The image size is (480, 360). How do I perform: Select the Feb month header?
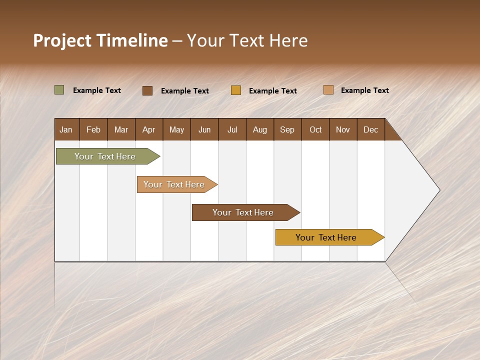tap(93, 129)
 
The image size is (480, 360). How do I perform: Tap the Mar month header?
tap(121, 129)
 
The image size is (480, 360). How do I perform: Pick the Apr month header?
tap(149, 129)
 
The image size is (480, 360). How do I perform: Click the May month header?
tap(176, 129)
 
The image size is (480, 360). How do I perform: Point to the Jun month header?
tap(204, 129)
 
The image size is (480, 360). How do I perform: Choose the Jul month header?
tap(232, 129)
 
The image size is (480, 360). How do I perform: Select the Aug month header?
tap(260, 129)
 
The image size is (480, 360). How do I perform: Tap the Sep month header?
tap(287, 129)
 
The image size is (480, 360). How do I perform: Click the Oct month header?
tap(315, 129)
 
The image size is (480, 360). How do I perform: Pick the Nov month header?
tap(343, 129)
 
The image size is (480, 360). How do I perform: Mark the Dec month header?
tap(371, 129)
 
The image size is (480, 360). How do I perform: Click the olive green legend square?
tap(59, 90)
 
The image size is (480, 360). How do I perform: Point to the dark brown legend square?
tap(147, 90)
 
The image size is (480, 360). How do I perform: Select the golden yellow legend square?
tap(236, 90)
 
